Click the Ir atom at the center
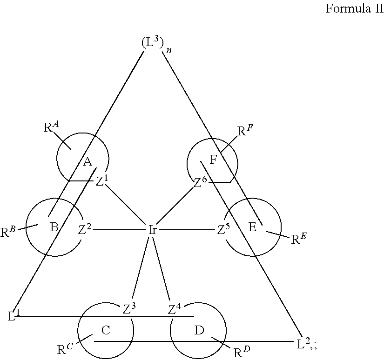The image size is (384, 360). click(153, 230)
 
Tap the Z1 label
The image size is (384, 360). click(101, 181)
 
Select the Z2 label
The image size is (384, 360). click(85, 230)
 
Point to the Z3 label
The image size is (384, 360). click(129, 308)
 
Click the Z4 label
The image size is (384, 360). click(175, 309)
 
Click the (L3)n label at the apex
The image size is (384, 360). click(156, 44)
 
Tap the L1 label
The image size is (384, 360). click(13, 315)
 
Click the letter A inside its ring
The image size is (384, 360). click(87, 161)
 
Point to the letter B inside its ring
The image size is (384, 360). click(54, 227)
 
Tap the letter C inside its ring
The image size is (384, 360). click(106, 330)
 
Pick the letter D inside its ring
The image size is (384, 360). click(199, 330)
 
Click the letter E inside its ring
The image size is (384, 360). click(252, 227)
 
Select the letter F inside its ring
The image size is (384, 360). click(214, 160)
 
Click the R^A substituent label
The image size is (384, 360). click(51, 127)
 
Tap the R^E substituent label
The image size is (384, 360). click(299, 239)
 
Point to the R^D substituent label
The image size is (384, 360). click(242, 352)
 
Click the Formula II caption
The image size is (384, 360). click(354, 8)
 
